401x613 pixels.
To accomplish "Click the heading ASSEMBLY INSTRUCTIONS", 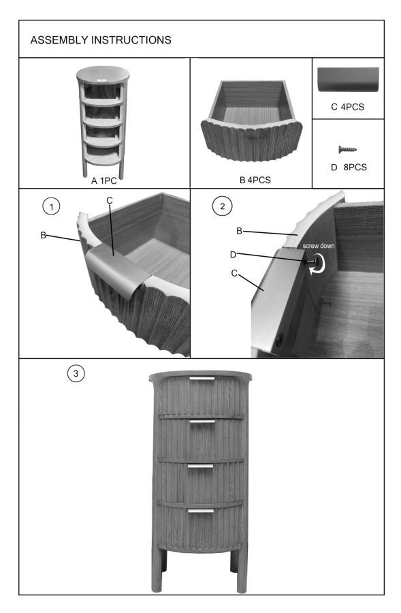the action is tap(101, 40).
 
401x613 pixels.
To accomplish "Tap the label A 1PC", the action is tap(104, 180).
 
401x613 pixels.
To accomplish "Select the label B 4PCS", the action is tap(255, 180).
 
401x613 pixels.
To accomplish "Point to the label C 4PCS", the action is tap(347, 107).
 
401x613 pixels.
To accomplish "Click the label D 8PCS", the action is tap(349, 168).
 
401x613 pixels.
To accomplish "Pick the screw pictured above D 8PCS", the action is tap(347, 149).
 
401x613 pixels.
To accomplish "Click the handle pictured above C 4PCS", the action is tap(348, 80).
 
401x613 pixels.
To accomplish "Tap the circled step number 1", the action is tap(51, 206).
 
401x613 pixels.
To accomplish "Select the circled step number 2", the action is tap(223, 206).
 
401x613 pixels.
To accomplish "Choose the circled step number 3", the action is tap(76, 373).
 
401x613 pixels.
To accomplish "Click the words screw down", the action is tap(319, 246).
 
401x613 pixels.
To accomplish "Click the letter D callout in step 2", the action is tap(234, 255).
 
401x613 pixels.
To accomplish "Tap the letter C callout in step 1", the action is tap(110, 200).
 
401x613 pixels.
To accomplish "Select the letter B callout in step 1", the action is tap(44, 236).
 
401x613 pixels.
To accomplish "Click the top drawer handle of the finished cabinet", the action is tap(202, 379).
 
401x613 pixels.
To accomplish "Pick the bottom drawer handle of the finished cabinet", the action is tap(200, 511).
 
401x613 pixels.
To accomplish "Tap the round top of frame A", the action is tap(103, 74).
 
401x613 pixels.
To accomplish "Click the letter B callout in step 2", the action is tap(239, 231).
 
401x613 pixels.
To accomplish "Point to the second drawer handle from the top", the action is tap(202, 422).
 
